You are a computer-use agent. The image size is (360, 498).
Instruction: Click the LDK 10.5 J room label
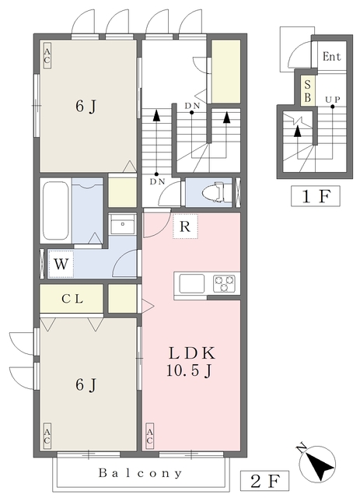(191, 362)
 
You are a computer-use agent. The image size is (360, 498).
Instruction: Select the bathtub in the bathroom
(56, 211)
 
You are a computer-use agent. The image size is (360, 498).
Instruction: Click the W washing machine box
(61, 264)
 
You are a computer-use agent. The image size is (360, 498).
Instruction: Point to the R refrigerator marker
(185, 226)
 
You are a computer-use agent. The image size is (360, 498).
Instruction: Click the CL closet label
(72, 299)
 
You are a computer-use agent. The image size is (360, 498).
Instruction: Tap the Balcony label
(140, 473)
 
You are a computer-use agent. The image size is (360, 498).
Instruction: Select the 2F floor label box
(265, 482)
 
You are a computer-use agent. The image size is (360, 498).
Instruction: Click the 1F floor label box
(316, 196)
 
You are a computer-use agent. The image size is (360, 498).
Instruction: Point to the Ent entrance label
(331, 57)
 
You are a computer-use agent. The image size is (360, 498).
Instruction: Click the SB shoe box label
(308, 91)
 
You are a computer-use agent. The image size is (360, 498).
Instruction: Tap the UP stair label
(332, 100)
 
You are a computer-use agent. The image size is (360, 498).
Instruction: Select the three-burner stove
(224, 283)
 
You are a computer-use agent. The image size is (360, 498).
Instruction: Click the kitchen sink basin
(192, 283)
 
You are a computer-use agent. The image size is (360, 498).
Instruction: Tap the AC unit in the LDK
(149, 436)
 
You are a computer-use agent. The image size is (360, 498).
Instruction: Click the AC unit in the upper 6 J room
(47, 55)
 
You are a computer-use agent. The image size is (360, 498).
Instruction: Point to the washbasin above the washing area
(123, 224)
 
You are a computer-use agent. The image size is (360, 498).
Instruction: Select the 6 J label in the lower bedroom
(86, 384)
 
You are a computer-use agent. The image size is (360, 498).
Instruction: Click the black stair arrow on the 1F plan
(298, 132)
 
